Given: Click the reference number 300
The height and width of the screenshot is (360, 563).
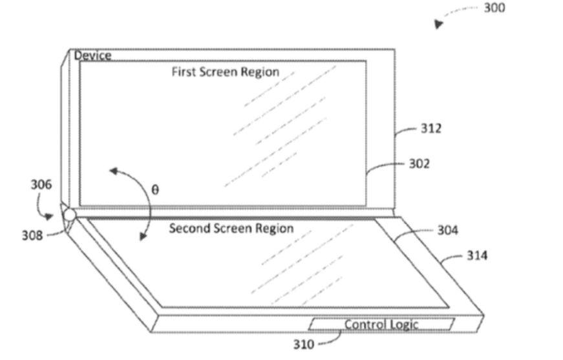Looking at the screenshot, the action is [x=494, y=8].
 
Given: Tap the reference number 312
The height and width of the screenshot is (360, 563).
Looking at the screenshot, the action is [x=431, y=129].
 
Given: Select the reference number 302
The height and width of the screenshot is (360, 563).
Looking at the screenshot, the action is [x=420, y=164].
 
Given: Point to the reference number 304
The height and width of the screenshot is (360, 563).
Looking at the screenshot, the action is [x=447, y=230].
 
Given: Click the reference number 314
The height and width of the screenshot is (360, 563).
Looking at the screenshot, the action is [x=477, y=255].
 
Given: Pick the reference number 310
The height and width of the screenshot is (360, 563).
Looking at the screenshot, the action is [x=304, y=344].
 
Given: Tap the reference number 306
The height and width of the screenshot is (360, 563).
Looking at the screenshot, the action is [x=41, y=184].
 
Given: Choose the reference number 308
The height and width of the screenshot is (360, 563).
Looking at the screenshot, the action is [x=32, y=235].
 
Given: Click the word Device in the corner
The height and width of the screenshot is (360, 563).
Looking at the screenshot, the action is [x=92, y=56].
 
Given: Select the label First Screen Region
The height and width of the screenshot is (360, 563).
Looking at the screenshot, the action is [x=226, y=72].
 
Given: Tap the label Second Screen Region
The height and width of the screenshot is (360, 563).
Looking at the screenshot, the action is [x=231, y=228].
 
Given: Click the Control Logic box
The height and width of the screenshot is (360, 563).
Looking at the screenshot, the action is [x=381, y=324].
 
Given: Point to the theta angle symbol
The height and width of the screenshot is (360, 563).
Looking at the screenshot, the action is [x=154, y=189].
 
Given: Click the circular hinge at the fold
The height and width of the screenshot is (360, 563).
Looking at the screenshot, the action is [x=69, y=215].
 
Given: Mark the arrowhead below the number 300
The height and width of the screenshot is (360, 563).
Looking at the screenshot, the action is [x=438, y=24].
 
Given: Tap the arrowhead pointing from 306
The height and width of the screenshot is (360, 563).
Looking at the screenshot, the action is [x=49, y=216].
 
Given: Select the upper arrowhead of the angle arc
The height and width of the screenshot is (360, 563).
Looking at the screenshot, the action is [x=114, y=171].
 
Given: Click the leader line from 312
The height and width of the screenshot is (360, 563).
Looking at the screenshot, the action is [x=406, y=131].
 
